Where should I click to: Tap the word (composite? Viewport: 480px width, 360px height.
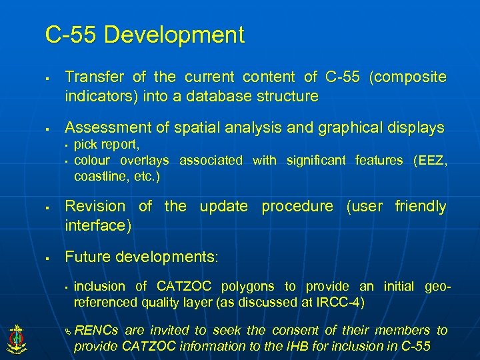click(x=407, y=77)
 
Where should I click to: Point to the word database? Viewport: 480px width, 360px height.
click(x=214, y=96)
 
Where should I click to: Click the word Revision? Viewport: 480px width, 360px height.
click(x=95, y=207)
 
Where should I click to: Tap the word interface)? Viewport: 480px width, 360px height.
click(x=98, y=225)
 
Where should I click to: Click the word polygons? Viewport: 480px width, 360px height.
click(x=249, y=287)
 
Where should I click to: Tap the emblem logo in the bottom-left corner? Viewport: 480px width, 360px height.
click(x=16, y=338)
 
